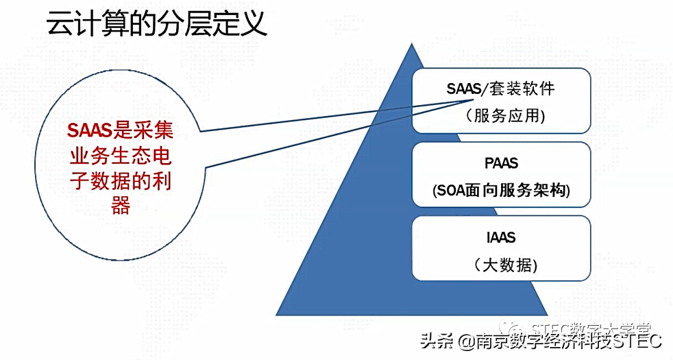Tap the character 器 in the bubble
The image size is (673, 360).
(120, 205)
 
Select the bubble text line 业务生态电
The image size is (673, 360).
(120, 156)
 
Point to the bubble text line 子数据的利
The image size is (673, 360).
(120, 180)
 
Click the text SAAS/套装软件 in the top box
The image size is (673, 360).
(500, 89)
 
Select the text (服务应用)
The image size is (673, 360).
(500, 115)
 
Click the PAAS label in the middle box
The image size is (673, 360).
(500, 165)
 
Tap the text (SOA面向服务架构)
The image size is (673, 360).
(501, 191)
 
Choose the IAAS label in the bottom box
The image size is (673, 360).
(500, 239)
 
